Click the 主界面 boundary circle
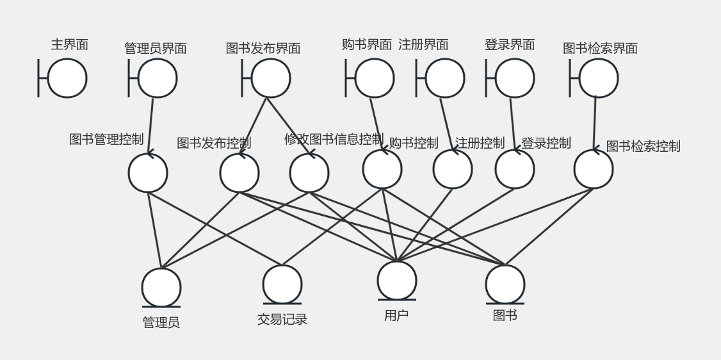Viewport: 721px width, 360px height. [67, 78]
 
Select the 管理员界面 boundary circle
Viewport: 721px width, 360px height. [157, 78]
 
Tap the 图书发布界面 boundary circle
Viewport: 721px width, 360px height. [270, 78]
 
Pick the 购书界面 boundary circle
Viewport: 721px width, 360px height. [374, 78]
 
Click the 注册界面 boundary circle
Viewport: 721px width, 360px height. [444, 78]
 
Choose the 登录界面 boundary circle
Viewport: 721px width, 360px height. [514, 78]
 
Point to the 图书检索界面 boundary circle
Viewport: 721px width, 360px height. [598, 78]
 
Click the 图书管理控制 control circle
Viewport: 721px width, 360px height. [148, 173]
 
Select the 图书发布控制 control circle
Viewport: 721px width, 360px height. [239, 173]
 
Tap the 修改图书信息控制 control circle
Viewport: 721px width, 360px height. [309, 173]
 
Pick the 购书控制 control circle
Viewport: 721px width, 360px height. [382, 169]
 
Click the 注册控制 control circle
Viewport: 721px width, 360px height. [453, 169]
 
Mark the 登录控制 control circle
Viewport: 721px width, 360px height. [514, 169]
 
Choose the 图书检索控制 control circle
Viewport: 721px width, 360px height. [594, 169]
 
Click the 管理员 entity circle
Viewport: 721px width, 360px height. [161, 288]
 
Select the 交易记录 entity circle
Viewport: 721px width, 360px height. [282, 284]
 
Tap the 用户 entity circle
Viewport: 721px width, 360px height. [397, 281]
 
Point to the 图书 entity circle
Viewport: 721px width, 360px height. [505, 284]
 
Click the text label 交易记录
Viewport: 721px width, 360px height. [282, 319]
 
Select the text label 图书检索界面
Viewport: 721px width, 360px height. [600, 48]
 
